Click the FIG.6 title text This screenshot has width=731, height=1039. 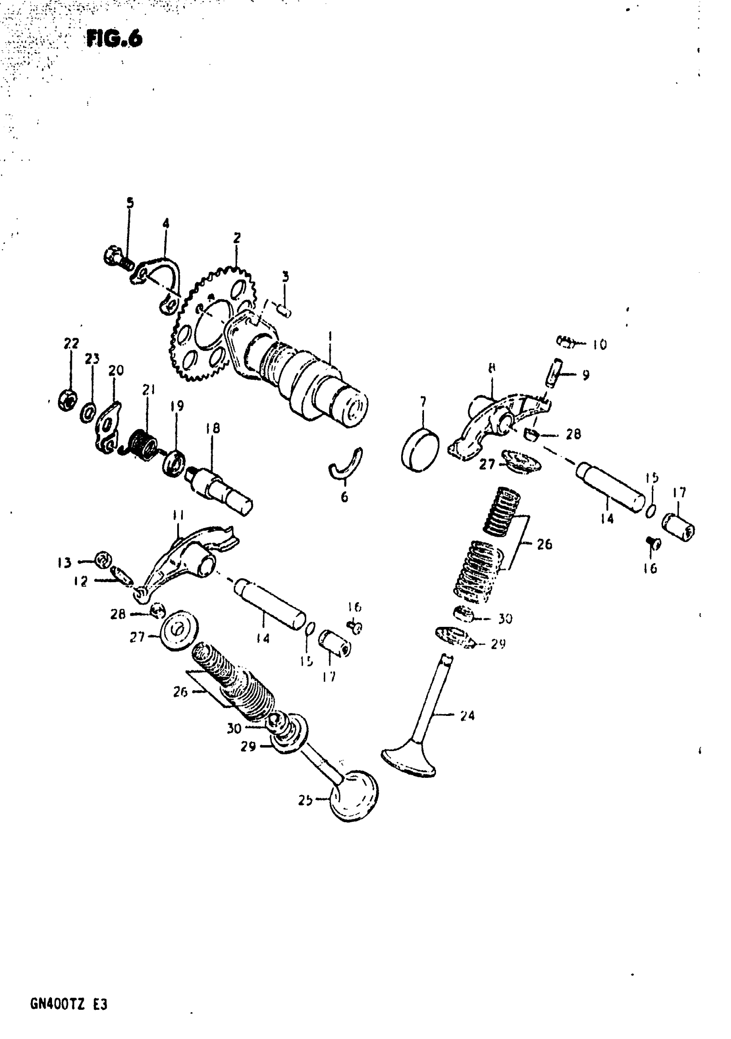[114, 39]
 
